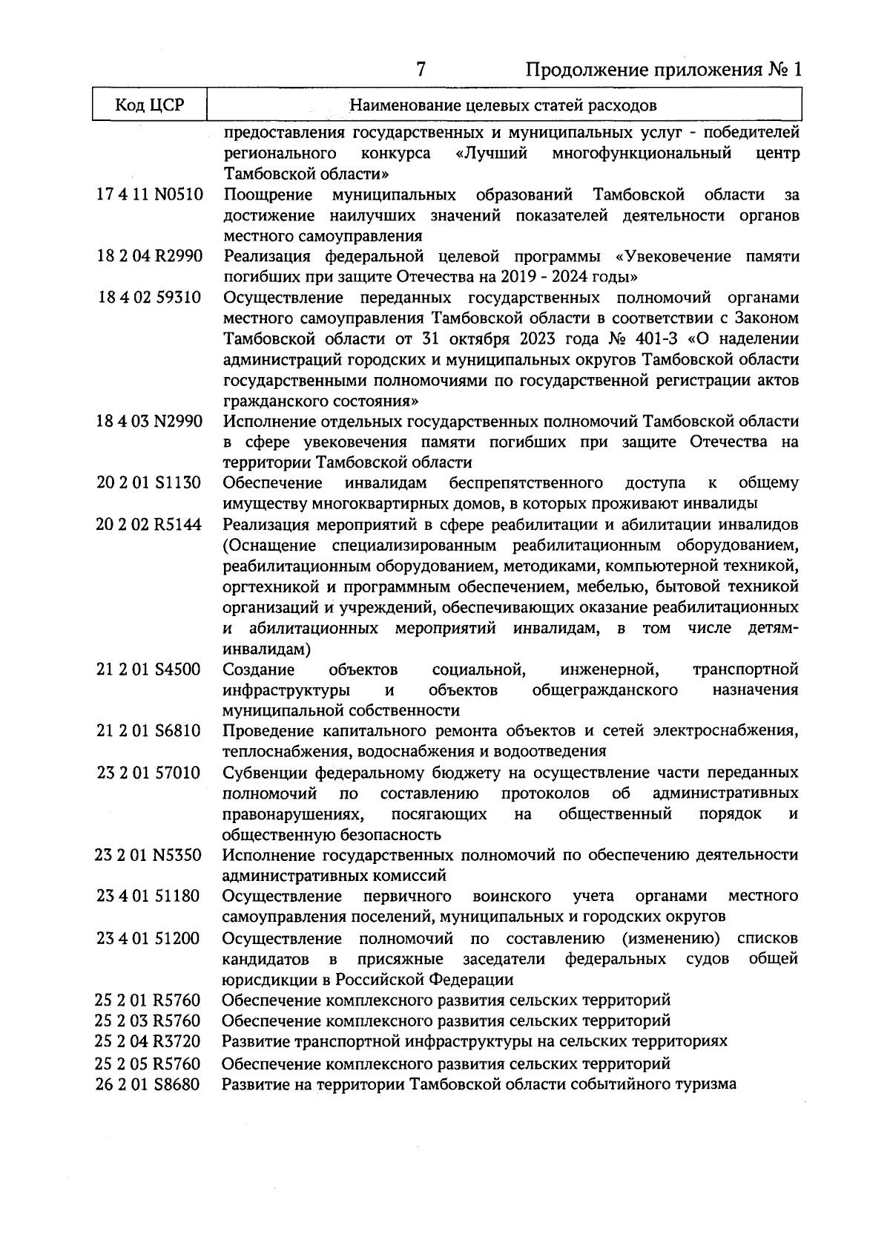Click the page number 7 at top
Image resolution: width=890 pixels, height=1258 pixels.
[421, 70]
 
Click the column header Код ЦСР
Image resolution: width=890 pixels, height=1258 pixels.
[149, 105]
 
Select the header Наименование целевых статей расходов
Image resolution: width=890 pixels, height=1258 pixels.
[503, 105]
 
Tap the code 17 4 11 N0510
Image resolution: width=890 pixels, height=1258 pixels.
[149, 195]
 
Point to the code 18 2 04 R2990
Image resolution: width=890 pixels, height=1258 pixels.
[149, 257]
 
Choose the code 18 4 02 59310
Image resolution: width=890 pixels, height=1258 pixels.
[149, 298]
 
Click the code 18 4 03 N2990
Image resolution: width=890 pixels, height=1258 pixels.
[149, 422]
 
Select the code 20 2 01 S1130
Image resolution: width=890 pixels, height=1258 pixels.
[149, 483]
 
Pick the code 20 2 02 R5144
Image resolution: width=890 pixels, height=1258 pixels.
[149, 525]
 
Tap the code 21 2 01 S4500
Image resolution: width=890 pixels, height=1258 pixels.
[149, 669]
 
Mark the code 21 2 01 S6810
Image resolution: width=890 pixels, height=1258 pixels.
[149, 731]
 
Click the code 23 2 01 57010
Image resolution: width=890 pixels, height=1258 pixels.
[149, 773]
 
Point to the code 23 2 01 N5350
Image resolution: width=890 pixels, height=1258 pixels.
[149, 855]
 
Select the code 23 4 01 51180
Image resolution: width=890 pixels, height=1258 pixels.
[149, 896]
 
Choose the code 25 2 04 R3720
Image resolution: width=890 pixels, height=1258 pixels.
[149, 1041]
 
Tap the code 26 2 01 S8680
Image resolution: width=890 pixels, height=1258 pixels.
[149, 1084]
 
